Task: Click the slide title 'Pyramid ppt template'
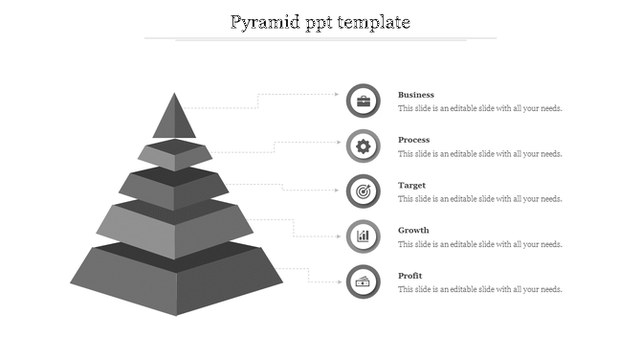(x=320, y=21)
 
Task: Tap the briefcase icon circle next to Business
(x=363, y=101)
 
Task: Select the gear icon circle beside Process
(x=363, y=146)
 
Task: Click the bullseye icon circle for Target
(x=363, y=191)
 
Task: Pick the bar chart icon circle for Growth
(x=363, y=236)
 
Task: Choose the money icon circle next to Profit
(x=363, y=281)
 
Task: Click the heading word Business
(x=416, y=95)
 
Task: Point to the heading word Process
(x=413, y=140)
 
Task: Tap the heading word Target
(x=411, y=185)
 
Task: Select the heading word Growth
(x=413, y=230)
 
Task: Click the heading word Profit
(x=410, y=276)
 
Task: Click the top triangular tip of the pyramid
(x=174, y=119)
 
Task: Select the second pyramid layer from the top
(x=174, y=157)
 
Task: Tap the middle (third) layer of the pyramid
(x=174, y=191)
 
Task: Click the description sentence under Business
(x=479, y=109)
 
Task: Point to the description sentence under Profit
(x=479, y=289)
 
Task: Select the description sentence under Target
(x=479, y=199)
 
